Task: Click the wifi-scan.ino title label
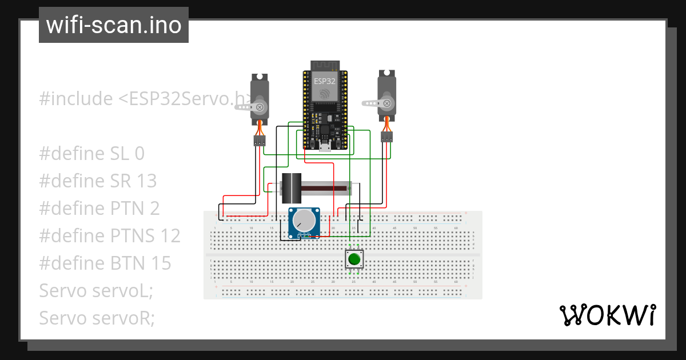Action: pos(113,25)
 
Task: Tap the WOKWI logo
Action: pos(607,315)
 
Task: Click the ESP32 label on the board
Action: pos(325,81)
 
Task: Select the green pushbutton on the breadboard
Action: pos(354,259)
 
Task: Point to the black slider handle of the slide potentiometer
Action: pos(292,188)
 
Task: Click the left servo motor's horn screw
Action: pos(260,107)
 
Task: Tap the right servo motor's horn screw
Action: pos(387,103)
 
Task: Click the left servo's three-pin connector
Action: pos(260,141)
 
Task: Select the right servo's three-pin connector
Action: pos(387,137)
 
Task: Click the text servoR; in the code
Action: pos(123,318)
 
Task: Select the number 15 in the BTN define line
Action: pos(161,263)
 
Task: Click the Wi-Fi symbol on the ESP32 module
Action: pos(325,93)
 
